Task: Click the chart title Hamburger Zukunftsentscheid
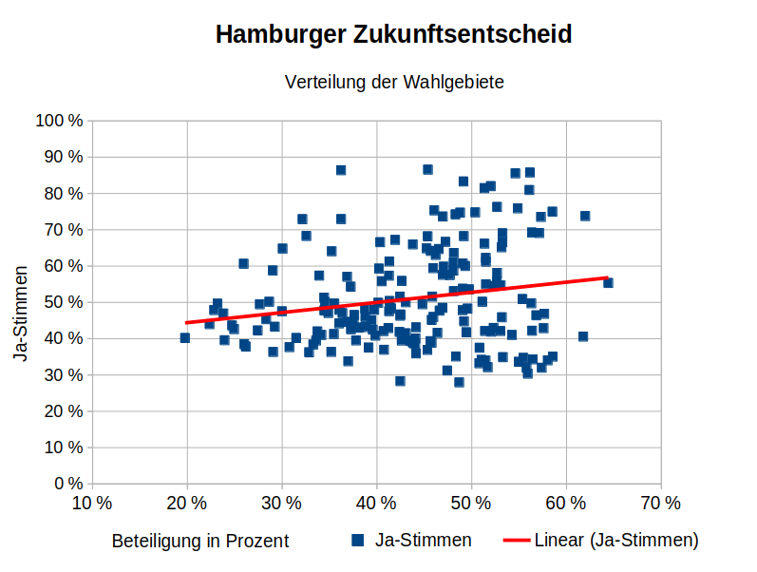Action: point(393,35)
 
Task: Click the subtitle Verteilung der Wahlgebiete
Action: point(393,82)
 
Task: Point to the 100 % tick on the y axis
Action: point(58,121)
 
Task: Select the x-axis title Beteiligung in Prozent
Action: point(199,541)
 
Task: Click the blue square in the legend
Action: point(358,540)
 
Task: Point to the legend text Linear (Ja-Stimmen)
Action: point(616,540)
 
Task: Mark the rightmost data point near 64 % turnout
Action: point(608,282)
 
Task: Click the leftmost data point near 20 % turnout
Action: point(185,338)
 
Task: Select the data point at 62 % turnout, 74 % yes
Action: point(585,216)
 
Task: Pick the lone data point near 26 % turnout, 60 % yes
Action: point(243,263)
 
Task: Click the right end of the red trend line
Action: point(607,277)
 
